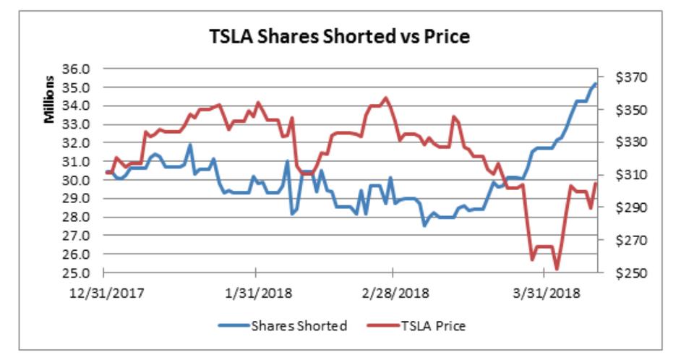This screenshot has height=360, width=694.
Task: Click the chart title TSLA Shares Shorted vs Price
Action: point(339,36)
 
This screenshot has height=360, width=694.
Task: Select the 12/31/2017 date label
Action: point(106,293)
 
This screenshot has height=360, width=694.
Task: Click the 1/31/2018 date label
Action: point(255,293)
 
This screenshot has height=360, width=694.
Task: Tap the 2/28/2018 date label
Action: point(393,293)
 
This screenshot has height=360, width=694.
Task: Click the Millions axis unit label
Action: point(50,99)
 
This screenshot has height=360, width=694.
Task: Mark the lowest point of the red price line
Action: point(557,269)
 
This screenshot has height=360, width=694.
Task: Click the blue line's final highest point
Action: point(596,83)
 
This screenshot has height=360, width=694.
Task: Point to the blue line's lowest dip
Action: point(425,226)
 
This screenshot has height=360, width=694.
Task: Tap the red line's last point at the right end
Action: point(596,183)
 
